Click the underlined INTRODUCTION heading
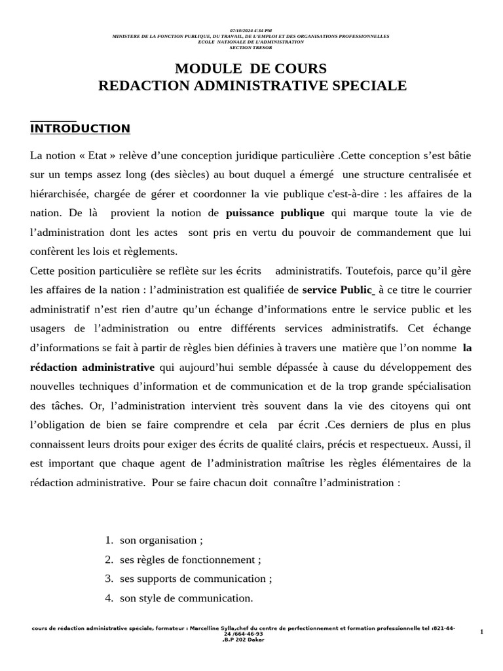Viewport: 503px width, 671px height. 80,128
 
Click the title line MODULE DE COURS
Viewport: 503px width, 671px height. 251,69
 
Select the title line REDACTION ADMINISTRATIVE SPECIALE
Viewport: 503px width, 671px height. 252,86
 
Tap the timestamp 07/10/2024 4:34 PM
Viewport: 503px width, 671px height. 252,30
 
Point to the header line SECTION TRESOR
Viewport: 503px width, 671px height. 251,47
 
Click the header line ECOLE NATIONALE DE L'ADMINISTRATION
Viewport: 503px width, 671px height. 251,41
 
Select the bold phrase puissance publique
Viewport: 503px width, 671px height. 275,213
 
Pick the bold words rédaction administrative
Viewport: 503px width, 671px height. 92,367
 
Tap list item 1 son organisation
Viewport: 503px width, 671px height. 161,541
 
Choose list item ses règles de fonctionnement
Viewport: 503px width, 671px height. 190,560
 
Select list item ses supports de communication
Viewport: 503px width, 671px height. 196,579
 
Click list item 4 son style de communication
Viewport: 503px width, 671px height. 186,598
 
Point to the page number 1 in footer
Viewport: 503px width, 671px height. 481,631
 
